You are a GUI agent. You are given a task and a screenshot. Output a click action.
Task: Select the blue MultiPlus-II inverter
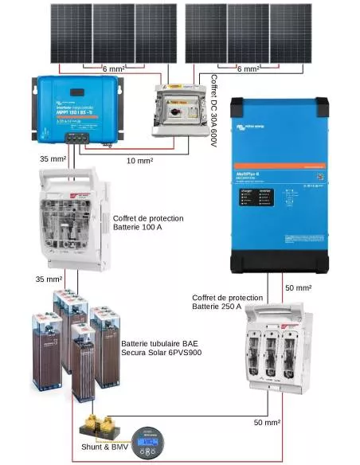tap(284, 184)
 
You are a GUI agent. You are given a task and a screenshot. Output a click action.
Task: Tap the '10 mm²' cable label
tap(139, 161)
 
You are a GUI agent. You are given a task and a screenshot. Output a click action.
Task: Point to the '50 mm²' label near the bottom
tap(267, 423)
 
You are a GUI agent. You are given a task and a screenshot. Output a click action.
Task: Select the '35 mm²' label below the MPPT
tap(53, 158)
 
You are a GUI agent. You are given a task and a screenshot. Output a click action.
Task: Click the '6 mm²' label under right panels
tap(248, 69)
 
